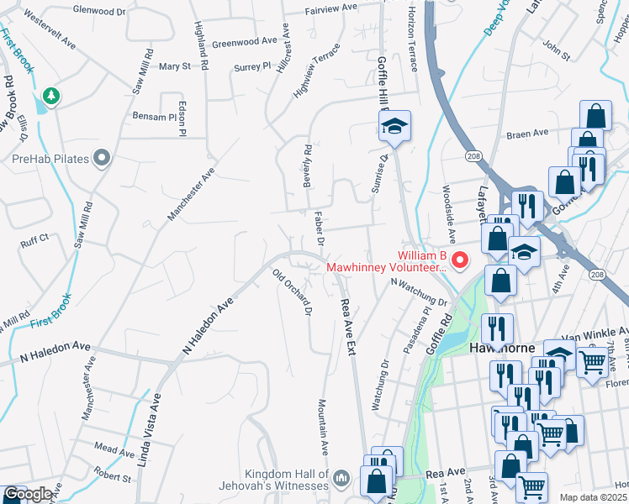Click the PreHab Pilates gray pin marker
coord(103,158)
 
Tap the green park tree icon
coord(51,97)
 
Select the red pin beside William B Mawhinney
coord(460,260)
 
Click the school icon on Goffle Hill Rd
coord(393,127)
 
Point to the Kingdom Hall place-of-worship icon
coord(341,479)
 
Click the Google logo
coord(28,495)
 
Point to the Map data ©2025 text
coord(594,497)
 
